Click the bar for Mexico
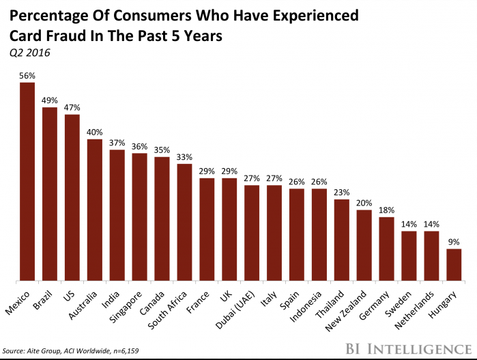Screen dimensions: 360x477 (x=27, y=182)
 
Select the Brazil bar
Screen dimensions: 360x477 (x=50, y=194)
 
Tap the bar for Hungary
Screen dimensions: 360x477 (x=453, y=264)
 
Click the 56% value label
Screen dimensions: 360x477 (x=27, y=76)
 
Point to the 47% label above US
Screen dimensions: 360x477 (x=72, y=107)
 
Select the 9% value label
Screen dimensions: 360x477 (x=453, y=242)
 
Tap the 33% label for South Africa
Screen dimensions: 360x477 (x=184, y=156)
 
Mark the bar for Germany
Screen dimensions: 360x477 (x=386, y=249)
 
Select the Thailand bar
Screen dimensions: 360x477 (x=341, y=240)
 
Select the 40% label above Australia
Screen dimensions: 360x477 (x=95, y=133)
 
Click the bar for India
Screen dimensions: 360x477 (x=117, y=214)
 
